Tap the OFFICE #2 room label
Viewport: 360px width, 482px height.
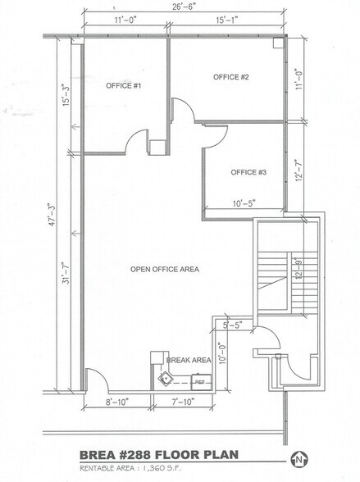pos(230,77)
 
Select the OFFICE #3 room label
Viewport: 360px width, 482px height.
pos(248,172)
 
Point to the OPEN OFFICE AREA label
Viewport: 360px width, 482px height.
pos(164,269)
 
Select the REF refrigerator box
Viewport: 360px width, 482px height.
pos(198,380)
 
